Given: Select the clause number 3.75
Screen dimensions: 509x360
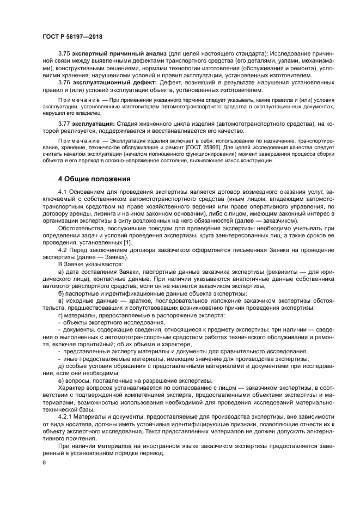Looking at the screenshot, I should point(64,54).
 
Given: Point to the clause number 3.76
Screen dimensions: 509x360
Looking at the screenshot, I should point(64,83).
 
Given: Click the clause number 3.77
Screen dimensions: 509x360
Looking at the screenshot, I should point(64,124).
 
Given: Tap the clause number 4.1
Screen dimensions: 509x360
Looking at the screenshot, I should point(63,193).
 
